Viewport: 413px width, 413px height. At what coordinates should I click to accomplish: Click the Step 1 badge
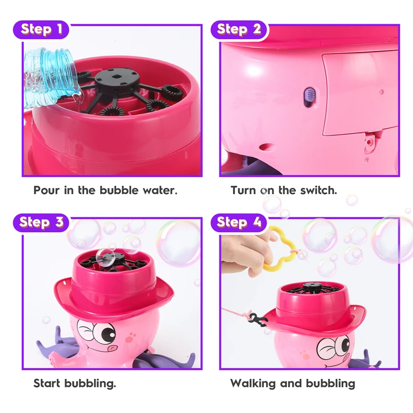41,29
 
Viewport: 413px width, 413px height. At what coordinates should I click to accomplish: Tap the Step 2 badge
239,29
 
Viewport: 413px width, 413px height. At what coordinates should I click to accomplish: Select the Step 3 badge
41,223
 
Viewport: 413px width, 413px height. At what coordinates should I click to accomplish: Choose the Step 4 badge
239,223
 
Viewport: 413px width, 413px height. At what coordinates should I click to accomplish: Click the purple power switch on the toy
309,97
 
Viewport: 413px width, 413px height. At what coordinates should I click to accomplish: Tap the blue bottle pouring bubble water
50,76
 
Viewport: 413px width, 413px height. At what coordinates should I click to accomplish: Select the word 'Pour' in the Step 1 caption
46,190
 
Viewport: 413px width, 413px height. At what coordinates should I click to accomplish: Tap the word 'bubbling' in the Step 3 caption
90,384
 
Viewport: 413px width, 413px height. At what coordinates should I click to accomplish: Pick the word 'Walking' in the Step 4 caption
253,384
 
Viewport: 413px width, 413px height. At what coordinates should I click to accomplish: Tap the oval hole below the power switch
267,147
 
